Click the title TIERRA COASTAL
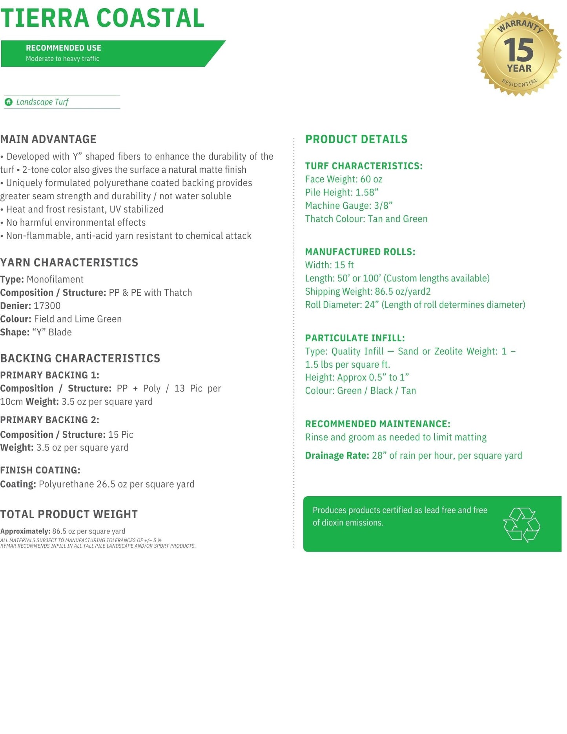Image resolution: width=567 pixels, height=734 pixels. point(102,18)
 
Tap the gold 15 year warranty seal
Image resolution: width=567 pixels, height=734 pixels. point(519,54)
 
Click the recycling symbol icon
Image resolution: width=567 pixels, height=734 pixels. point(521,525)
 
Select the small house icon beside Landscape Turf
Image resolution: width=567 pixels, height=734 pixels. point(9,102)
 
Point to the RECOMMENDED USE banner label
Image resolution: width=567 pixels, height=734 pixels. point(64,48)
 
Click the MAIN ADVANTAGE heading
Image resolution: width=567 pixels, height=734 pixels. point(48,139)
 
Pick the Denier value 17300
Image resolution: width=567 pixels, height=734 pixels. point(47,306)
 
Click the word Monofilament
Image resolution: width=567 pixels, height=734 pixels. point(55,280)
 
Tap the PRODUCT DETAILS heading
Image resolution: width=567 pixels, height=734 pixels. point(356,139)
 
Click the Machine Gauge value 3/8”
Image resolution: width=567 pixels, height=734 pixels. point(383,206)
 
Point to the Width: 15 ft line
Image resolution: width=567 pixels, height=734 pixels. point(330,265)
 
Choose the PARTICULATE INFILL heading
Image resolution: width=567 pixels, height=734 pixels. point(355,338)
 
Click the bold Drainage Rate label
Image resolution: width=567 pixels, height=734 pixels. point(337,456)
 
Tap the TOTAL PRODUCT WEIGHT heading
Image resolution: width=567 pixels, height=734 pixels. point(69,514)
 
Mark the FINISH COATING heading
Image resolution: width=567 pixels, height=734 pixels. point(40,470)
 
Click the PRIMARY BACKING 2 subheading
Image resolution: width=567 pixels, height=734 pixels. point(49,420)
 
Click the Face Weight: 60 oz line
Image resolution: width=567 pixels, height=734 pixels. point(344,179)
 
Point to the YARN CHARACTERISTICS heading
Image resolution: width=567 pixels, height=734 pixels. point(69,262)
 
